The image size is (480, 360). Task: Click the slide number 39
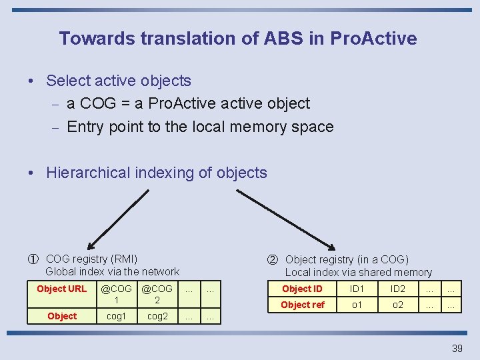click(x=457, y=349)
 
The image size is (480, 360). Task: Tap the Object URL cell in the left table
click(x=61, y=289)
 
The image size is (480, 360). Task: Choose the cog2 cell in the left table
click(x=158, y=316)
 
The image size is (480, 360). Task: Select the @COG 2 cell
click(x=158, y=294)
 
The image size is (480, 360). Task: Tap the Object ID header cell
click(x=302, y=289)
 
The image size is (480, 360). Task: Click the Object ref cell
click(x=302, y=305)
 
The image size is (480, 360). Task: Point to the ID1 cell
click(x=358, y=289)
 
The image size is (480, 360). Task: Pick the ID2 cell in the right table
click(x=397, y=289)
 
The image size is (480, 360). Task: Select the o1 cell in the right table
click(x=358, y=305)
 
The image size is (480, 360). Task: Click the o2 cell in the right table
click(x=397, y=305)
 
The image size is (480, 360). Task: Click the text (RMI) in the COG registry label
click(x=124, y=259)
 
